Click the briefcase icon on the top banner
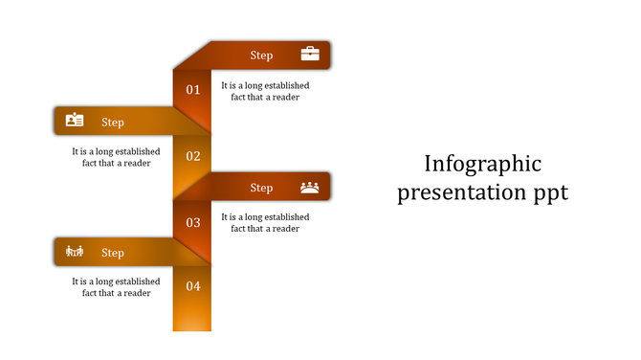pos(310,55)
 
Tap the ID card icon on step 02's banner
pos(75,121)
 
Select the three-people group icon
pos(310,187)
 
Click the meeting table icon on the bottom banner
pos(75,252)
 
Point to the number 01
pos(193,90)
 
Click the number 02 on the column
pos(193,156)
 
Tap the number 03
pos(193,222)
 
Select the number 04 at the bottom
pos(193,286)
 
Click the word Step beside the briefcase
pos(261,56)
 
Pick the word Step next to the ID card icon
pos(113,122)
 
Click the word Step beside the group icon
pos(261,188)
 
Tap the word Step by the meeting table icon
pos(113,253)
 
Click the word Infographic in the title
pos(482,163)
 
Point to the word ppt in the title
pos(550,193)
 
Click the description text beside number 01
pos(265,91)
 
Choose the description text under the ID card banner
pos(116,157)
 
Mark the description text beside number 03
pos(265,222)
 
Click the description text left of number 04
pos(116,287)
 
